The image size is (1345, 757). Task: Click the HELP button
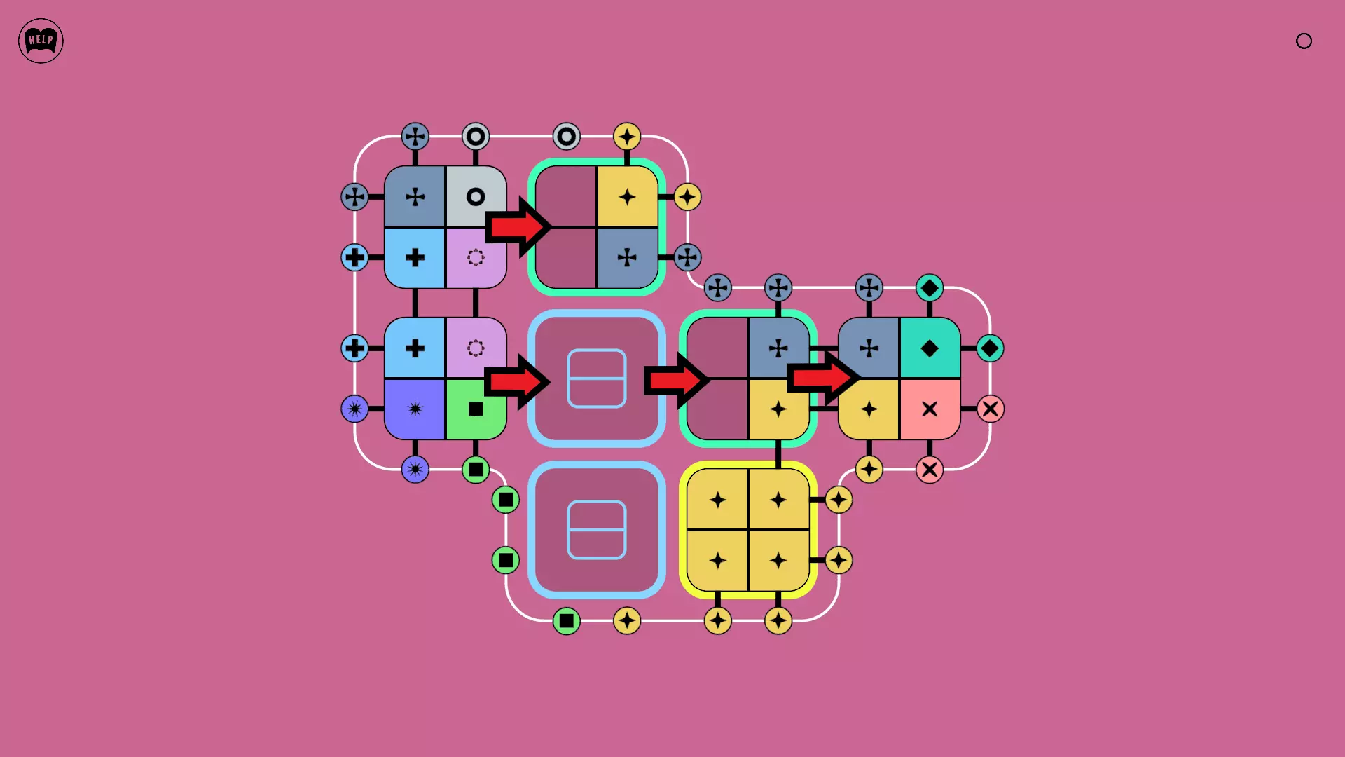point(41,41)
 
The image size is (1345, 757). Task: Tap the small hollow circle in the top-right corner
point(1304,41)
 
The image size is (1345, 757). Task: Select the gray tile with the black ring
point(476,196)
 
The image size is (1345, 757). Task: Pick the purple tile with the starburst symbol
point(415,409)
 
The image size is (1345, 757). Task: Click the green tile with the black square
point(476,409)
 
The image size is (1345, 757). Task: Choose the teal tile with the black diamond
point(930,348)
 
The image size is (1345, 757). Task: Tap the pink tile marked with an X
point(930,409)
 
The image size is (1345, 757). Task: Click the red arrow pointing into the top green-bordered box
point(518,226)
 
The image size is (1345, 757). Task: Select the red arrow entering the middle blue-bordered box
point(518,381)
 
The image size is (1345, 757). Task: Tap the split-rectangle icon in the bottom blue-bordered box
point(597,530)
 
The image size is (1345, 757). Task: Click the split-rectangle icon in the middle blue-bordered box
point(597,378)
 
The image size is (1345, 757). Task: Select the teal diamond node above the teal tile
point(930,287)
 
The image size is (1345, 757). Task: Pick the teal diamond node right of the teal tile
point(990,348)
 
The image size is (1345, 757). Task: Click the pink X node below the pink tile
point(930,469)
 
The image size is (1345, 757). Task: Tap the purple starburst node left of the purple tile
point(354,409)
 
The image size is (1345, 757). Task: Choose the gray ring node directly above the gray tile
point(476,136)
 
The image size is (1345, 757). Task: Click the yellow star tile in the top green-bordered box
point(627,196)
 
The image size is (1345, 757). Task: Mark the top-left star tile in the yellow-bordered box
point(717,499)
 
